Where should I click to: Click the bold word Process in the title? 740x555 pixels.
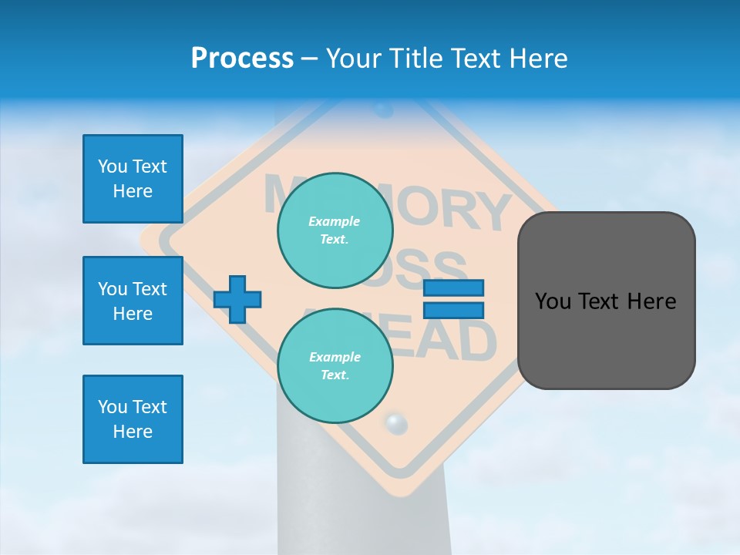[x=242, y=59]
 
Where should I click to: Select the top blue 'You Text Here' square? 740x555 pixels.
[x=133, y=179]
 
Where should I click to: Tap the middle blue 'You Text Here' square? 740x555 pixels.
[x=133, y=301]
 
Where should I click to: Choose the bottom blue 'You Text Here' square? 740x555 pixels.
[x=133, y=419]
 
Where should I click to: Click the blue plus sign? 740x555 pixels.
[x=237, y=299]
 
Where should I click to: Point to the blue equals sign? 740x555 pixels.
[x=454, y=299]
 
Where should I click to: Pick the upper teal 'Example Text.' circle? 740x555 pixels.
[x=335, y=230]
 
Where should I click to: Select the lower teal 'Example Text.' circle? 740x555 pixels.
[x=335, y=366]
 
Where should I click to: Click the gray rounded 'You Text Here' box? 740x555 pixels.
[x=606, y=301]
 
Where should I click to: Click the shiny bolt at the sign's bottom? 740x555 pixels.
[x=395, y=422]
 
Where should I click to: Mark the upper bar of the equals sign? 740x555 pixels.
[x=454, y=288]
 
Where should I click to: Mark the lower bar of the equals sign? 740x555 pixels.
[x=454, y=310]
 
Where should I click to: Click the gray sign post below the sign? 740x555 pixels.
[x=362, y=501]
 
